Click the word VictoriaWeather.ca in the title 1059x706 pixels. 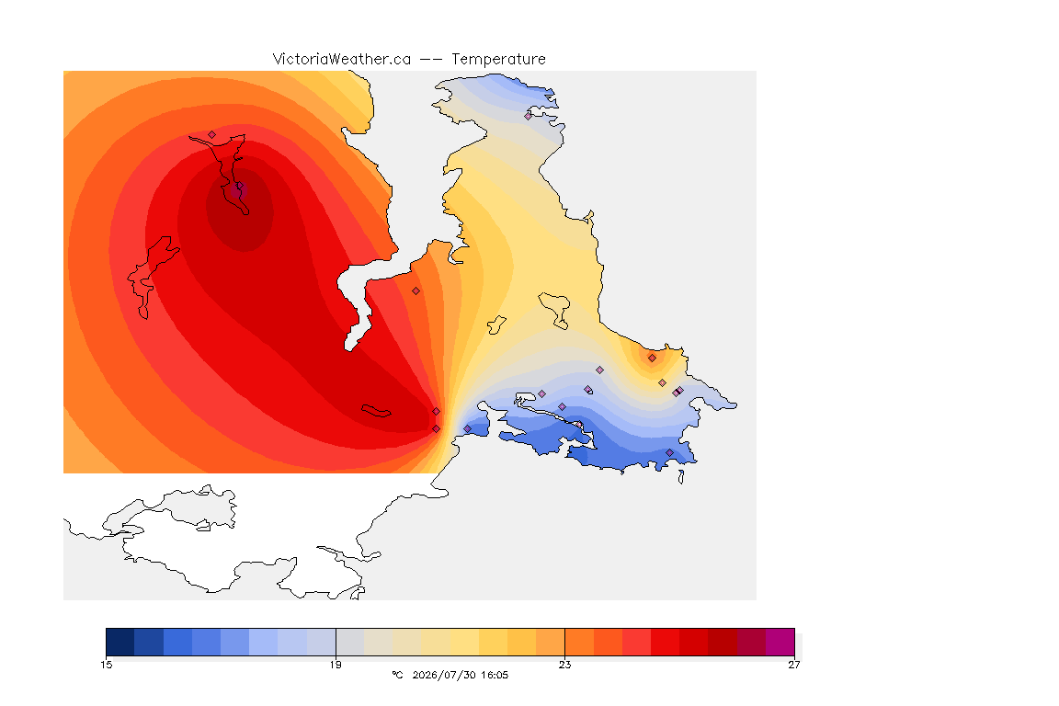point(342,60)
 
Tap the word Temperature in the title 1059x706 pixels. point(498,60)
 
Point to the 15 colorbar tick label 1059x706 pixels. point(106,665)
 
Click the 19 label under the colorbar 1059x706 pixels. point(336,665)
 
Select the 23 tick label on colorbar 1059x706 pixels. point(564,665)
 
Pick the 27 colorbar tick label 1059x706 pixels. point(794,665)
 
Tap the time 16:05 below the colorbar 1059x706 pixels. point(495,675)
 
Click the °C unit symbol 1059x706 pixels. point(397,675)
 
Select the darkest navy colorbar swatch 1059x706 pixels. point(120,642)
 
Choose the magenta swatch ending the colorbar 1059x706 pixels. point(780,642)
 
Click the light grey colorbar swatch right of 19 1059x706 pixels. point(350,642)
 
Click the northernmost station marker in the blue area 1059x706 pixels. point(529,116)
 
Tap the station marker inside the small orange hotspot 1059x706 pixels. point(652,359)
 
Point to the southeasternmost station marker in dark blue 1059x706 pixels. point(669,452)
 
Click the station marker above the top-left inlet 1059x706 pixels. point(212,134)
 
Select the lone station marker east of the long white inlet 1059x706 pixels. point(416,291)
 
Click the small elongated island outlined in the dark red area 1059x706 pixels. point(376,411)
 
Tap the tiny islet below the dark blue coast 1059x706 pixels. point(681,477)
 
